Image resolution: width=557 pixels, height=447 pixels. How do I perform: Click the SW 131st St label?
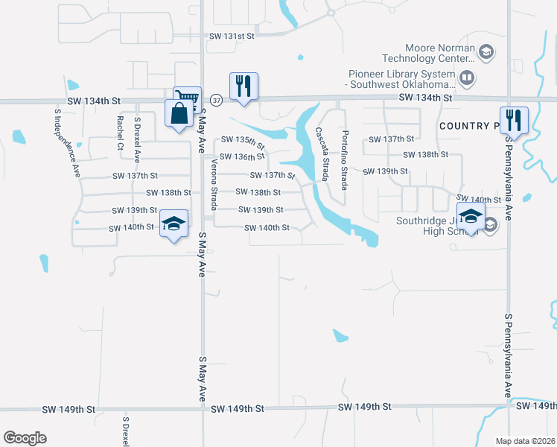(x=232, y=36)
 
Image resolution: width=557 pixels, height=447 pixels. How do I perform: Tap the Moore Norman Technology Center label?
(x=428, y=53)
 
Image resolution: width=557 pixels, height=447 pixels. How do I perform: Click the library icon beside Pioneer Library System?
(x=466, y=77)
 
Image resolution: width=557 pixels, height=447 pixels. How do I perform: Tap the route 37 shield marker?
(x=215, y=98)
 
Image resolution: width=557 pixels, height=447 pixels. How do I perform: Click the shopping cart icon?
(x=188, y=99)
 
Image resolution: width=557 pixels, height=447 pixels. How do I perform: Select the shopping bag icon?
(x=179, y=114)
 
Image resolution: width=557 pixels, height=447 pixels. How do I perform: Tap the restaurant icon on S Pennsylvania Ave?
(x=514, y=119)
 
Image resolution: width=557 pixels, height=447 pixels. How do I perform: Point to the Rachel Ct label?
(x=120, y=133)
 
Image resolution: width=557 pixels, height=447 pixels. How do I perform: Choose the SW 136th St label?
(x=242, y=156)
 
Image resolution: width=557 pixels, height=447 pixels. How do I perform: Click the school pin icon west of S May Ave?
(x=174, y=224)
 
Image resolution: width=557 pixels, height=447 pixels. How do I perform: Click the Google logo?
(x=25, y=438)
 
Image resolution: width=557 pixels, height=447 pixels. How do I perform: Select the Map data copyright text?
(x=526, y=441)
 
